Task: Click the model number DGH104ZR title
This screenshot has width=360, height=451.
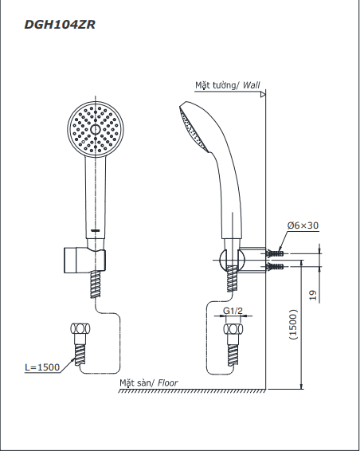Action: pos(60,25)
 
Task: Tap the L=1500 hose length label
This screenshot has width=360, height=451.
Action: pos(42,367)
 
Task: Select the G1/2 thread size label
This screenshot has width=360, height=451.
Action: pos(233,311)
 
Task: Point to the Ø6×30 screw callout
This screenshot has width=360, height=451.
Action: pos(303,225)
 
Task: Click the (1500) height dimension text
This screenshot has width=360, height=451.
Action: pos(293,324)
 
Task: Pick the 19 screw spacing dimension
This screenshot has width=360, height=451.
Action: pos(313,295)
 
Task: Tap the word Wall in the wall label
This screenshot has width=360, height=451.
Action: pos(252,85)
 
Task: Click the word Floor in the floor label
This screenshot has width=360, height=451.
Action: pos(167,382)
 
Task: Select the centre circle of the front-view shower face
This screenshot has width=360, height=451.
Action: pos(95,129)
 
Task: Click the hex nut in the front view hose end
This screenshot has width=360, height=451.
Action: pos(80,328)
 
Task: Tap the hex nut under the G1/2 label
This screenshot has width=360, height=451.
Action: pos(233,329)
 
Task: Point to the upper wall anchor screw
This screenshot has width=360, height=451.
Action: pos(275,253)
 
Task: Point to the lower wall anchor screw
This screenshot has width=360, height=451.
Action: pos(275,267)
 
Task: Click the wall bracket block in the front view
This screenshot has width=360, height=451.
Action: pos(70,260)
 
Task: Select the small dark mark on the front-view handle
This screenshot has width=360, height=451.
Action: pos(95,230)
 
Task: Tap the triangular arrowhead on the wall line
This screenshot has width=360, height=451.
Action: pos(263,94)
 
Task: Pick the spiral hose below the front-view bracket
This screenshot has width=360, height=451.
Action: pos(96,284)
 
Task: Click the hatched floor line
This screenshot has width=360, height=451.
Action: pos(192,390)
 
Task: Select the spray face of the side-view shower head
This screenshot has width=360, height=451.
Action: pos(194,128)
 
